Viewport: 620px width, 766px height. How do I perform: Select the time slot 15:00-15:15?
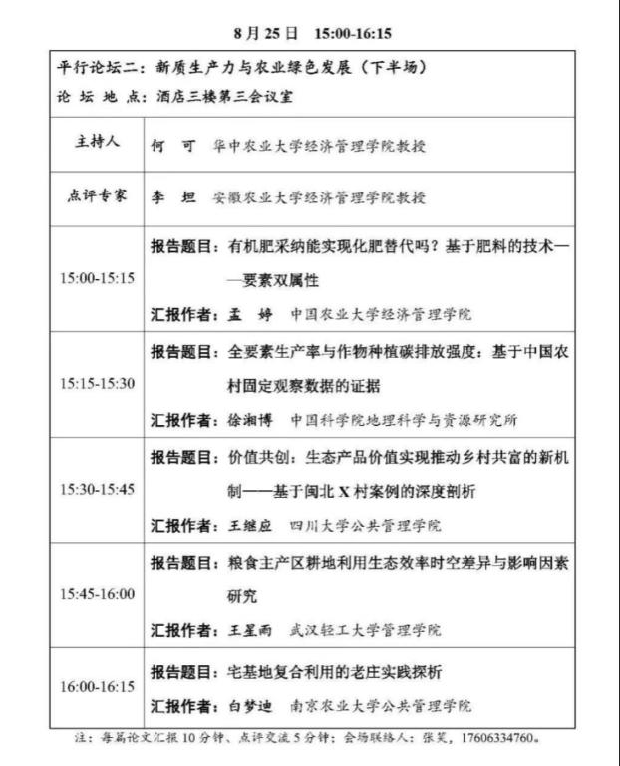coord(97,278)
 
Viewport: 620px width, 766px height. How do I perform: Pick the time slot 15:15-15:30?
coord(97,384)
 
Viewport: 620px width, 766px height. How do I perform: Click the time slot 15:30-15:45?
coord(97,489)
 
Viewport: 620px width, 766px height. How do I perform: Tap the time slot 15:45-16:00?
coord(97,594)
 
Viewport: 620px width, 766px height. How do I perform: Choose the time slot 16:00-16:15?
coord(97,687)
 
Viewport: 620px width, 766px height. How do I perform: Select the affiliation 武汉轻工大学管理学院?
coord(366,630)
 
